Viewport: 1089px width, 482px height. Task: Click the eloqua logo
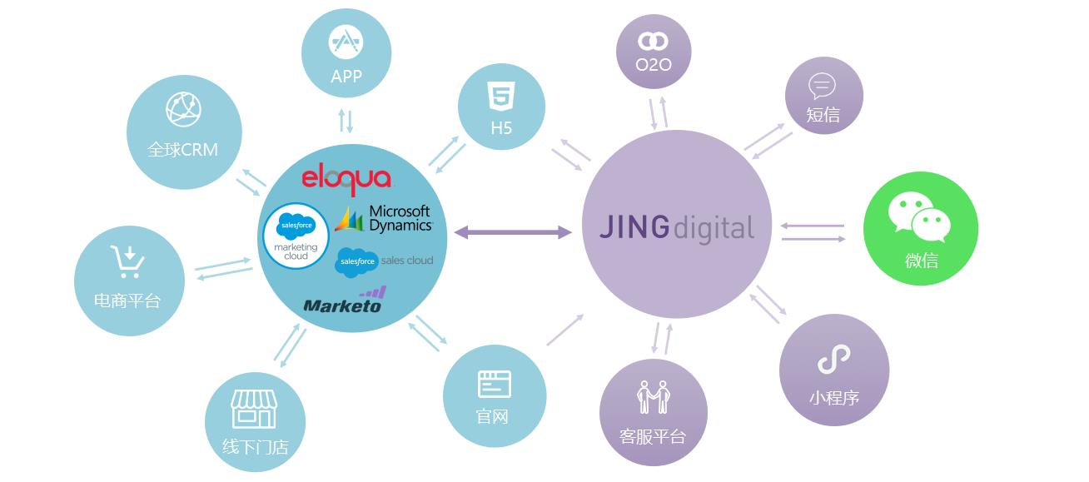click(346, 178)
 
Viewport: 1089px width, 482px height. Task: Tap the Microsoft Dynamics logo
click(384, 219)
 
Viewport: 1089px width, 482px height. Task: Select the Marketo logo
click(344, 301)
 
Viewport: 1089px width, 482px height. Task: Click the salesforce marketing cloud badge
click(296, 236)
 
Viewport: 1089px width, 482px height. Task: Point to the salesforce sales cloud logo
click(384, 262)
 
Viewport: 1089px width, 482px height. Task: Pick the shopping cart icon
click(127, 261)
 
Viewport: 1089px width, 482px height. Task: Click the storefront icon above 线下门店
click(253, 408)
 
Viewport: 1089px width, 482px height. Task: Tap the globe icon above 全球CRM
click(183, 109)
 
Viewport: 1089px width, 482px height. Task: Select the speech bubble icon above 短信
click(822, 85)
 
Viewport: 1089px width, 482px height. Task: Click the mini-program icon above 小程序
click(833, 360)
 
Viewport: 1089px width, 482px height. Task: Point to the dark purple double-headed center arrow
click(513, 233)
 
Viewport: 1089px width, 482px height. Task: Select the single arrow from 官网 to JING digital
click(564, 330)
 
